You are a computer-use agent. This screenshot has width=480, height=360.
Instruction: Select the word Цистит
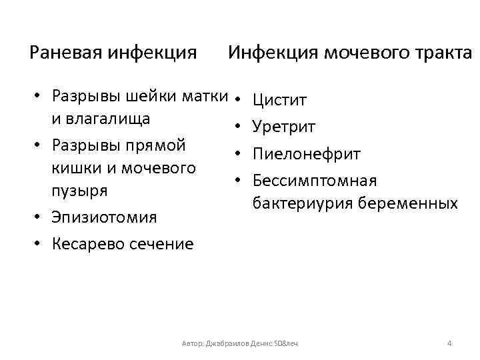tap(279, 101)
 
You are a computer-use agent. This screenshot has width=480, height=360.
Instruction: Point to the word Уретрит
tap(284, 127)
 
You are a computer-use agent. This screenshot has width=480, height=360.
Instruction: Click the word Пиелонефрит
tap(307, 154)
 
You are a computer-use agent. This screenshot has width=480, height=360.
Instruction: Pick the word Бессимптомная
tap(315, 181)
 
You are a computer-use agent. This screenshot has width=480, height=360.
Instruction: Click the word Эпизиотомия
tap(104, 217)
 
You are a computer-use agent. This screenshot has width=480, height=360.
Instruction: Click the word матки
tap(205, 96)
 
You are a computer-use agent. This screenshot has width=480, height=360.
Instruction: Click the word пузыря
tap(79, 191)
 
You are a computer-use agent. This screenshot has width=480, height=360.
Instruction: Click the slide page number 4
tap(449, 343)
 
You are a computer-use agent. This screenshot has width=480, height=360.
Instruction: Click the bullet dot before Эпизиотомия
tap(39, 217)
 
